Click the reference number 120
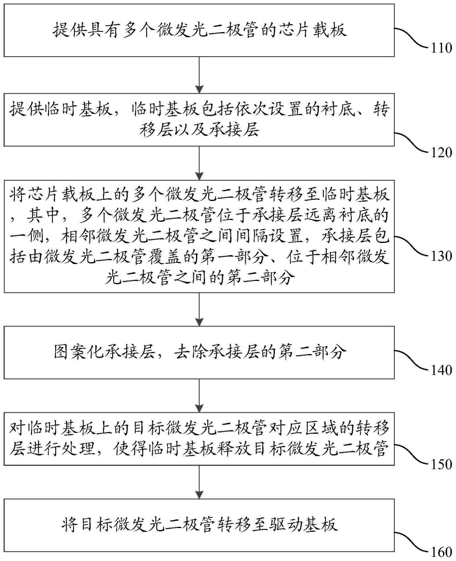(x=441, y=152)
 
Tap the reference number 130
(x=441, y=256)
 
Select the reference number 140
(x=441, y=370)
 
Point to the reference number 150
(x=441, y=464)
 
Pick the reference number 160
(x=441, y=552)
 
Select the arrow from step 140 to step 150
(x=199, y=395)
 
